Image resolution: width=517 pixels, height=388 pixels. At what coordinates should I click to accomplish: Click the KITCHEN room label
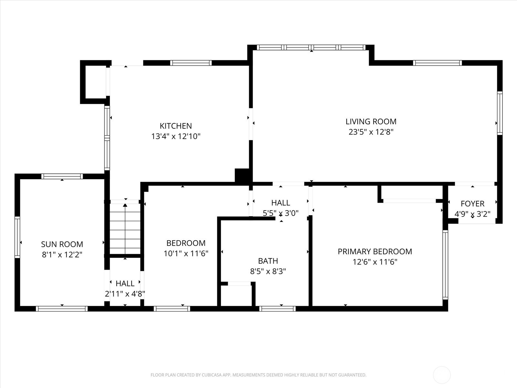click(176, 126)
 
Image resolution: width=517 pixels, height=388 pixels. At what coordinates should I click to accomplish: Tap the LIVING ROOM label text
click(371, 122)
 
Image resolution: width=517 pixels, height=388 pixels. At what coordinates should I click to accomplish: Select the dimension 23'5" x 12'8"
click(371, 132)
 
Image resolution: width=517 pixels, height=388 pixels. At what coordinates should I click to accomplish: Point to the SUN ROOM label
click(62, 244)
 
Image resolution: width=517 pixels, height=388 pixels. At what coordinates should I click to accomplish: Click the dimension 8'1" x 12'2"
click(62, 255)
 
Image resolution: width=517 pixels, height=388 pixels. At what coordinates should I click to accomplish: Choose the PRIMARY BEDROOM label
click(375, 251)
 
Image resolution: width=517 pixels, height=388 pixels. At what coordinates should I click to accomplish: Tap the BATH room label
click(268, 261)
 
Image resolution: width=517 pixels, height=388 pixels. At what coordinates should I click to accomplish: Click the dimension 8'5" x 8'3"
click(268, 271)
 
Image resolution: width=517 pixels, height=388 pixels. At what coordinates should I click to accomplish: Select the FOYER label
click(472, 204)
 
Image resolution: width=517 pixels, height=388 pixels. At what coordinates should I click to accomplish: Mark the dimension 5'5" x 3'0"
click(280, 213)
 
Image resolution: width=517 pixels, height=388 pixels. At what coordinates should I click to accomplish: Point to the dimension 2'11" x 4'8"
click(125, 294)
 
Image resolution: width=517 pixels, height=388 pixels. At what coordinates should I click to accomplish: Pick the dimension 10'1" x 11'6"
click(186, 253)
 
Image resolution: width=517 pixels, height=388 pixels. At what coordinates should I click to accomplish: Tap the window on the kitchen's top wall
click(191, 63)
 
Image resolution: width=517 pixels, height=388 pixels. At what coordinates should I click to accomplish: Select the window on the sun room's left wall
click(17, 237)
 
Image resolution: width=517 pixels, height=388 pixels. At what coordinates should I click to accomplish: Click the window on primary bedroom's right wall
click(445, 265)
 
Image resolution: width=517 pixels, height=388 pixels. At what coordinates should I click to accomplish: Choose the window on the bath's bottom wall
click(277, 309)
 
